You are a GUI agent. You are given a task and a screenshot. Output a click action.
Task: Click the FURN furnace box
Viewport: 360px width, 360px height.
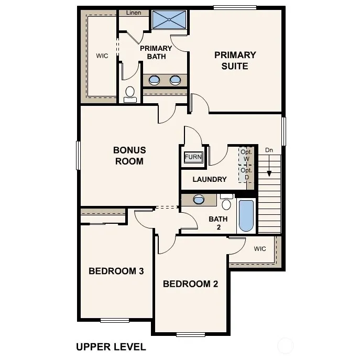pyautogui.click(x=193, y=157)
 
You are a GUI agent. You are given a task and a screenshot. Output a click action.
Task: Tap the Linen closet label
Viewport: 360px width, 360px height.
pyautogui.click(x=134, y=13)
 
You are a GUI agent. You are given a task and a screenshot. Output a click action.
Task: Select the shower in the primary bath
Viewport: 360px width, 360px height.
pyautogui.click(x=169, y=19)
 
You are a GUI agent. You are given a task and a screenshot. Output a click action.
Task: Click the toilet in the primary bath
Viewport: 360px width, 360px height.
pyautogui.click(x=130, y=95)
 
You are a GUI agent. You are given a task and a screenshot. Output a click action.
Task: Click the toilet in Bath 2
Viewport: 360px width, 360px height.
pyautogui.click(x=226, y=202)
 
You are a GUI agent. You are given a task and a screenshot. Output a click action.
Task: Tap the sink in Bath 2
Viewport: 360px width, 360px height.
pyautogui.click(x=199, y=199)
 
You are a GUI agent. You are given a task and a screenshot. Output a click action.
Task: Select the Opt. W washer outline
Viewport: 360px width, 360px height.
pyautogui.click(x=246, y=156)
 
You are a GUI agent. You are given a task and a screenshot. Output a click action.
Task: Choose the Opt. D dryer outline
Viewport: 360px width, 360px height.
pyautogui.click(x=246, y=174)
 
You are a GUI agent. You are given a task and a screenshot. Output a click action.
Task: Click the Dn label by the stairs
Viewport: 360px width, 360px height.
pyautogui.click(x=269, y=150)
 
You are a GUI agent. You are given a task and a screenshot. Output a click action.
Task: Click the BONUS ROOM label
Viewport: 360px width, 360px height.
pyautogui.click(x=129, y=156)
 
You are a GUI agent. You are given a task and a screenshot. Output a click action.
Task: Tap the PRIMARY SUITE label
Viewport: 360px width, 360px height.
pyautogui.click(x=235, y=61)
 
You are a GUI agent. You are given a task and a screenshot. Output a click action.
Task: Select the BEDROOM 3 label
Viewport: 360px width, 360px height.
pyautogui.click(x=116, y=271)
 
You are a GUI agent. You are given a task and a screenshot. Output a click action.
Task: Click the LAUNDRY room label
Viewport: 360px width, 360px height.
pyautogui.click(x=210, y=179)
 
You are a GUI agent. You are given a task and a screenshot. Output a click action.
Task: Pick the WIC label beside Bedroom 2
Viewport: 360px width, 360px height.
pyautogui.click(x=260, y=249)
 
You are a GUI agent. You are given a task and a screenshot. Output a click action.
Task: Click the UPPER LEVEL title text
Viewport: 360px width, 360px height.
pyautogui.click(x=111, y=347)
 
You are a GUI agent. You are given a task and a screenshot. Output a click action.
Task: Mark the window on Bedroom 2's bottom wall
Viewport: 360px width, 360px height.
pyautogui.click(x=191, y=335)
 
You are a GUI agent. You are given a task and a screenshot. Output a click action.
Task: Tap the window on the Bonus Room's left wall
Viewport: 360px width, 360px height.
pyautogui.click(x=78, y=156)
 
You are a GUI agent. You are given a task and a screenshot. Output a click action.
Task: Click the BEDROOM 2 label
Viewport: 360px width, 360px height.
pyautogui.click(x=191, y=284)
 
